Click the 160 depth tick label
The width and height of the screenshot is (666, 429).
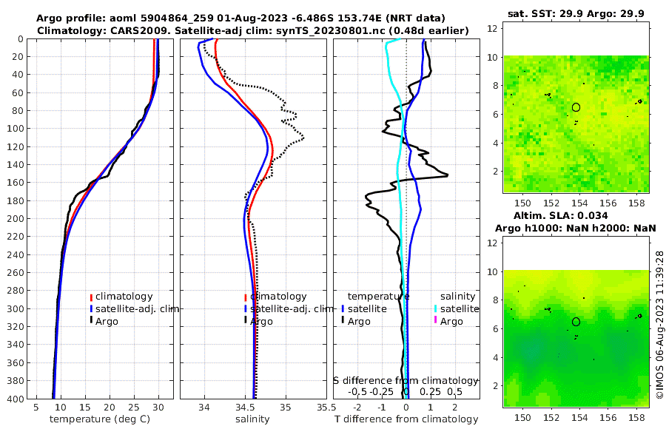[x=15, y=183]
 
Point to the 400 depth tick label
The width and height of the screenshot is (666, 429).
[x=15, y=399]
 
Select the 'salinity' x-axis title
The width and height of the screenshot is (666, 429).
[x=252, y=419]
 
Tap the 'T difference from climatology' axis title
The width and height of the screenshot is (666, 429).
[x=406, y=419]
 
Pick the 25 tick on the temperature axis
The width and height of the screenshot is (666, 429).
[x=134, y=407]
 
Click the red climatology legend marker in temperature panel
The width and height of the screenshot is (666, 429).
[x=91, y=297]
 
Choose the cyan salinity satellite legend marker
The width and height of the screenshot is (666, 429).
[x=436, y=308]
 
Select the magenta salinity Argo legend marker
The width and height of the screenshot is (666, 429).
[x=436, y=320]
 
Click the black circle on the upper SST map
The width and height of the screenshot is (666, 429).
[x=576, y=107]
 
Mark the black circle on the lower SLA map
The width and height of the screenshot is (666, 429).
[x=576, y=322]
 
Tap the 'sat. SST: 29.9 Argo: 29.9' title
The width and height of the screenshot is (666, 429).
[x=576, y=14]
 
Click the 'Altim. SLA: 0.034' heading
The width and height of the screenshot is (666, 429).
[x=576, y=215]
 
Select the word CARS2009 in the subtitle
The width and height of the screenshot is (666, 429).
[x=130, y=30]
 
